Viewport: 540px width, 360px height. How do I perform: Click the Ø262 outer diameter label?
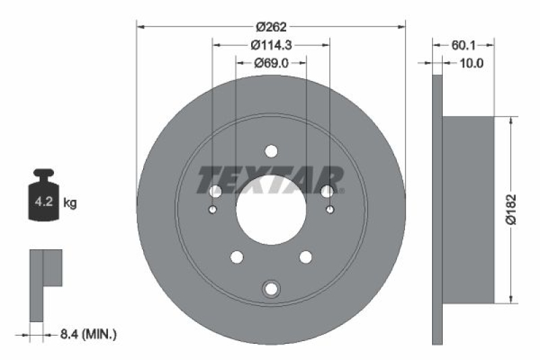[x=271, y=27]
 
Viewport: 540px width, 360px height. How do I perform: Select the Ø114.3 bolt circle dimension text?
[x=271, y=45]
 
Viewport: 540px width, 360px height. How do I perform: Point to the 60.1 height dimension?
[x=464, y=45]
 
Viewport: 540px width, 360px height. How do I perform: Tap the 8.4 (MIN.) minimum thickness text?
[x=87, y=334]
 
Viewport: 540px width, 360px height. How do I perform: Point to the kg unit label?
[x=70, y=202]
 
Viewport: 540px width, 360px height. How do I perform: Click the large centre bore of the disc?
[x=271, y=209]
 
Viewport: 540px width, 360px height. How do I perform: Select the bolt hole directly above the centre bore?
[x=271, y=151]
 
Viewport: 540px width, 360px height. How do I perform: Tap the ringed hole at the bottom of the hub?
[x=271, y=288]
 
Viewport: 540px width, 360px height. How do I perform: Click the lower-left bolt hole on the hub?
[x=237, y=257]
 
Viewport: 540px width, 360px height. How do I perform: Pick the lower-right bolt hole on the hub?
[x=306, y=257]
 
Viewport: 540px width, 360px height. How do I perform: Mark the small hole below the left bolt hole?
[x=213, y=210]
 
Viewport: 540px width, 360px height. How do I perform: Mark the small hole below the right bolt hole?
[x=330, y=210]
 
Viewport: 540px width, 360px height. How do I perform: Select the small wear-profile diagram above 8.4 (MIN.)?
[x=45, y=284]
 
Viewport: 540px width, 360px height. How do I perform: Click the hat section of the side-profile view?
[x=468, y=209]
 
